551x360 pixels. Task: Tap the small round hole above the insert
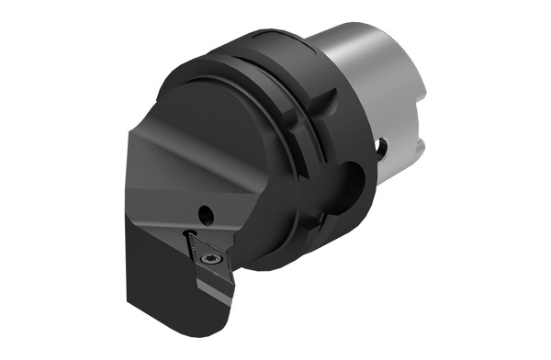(x=207, y=215)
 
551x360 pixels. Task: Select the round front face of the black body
(x=220, y=129)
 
